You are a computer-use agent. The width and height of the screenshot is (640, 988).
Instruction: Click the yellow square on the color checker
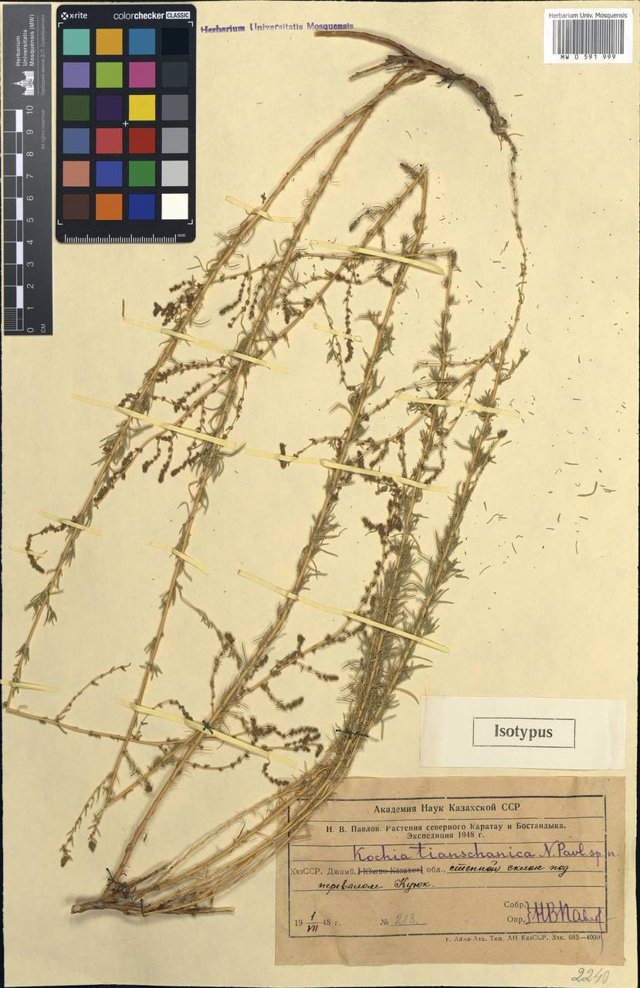[x=142, y=107]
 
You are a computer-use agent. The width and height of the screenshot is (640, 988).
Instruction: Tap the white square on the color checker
[x=175, y=206]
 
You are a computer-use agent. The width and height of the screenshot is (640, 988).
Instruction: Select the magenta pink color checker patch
[x=142, y=74]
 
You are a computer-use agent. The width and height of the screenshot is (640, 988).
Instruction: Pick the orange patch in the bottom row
[x=109, y=206]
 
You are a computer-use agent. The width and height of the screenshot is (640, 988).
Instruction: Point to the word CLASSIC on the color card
[x=177, y=15]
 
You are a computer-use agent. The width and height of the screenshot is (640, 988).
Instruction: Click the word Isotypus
[x=523, y=733]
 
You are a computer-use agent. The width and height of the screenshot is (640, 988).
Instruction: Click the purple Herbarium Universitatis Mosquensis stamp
[x=277, y=27]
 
